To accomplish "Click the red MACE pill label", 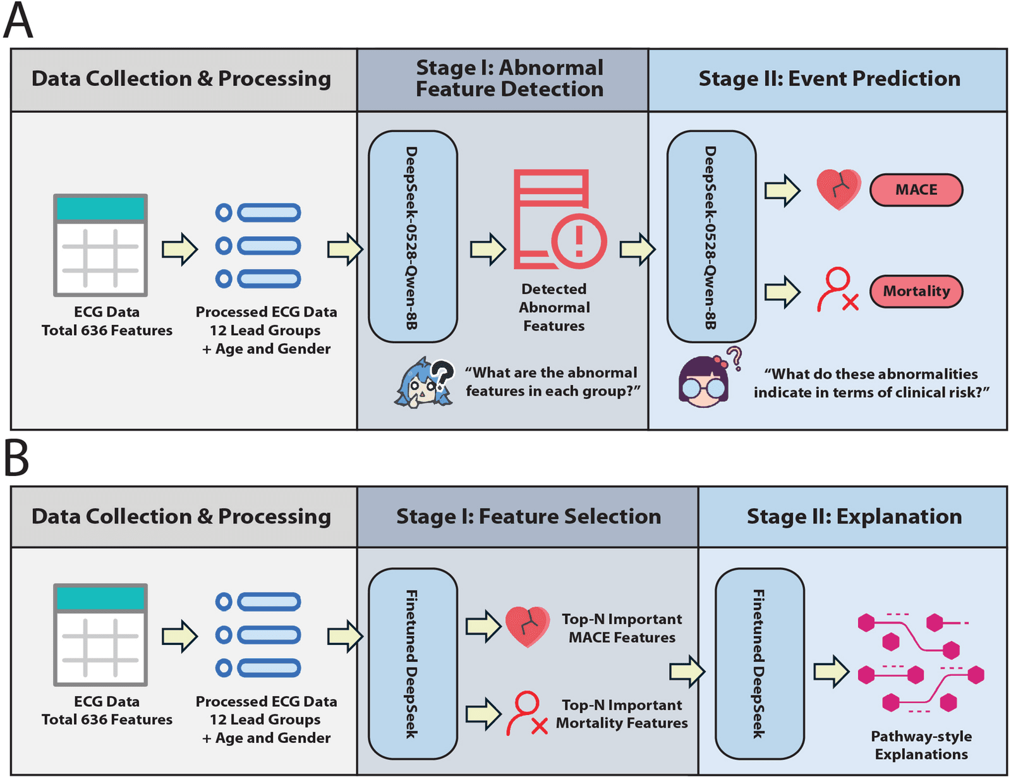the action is click(x=916, y=190).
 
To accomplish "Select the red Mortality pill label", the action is click(x=916, y=291).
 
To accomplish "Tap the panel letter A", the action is click(x=18, y=20).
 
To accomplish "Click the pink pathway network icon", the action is click(x=921, y=663).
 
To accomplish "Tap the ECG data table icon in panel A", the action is click(x=100, y=245).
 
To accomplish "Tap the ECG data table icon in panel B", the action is click(x=100, y=635).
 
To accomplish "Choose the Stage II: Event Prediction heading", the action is click(x=829, y=78).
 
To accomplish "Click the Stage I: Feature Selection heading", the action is click(x=528, y=517).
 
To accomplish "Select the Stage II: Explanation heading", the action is click(x=854, y=517).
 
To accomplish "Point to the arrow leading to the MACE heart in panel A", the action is click(x=782, y=190).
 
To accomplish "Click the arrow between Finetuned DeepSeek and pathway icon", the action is click(x=832, y=672).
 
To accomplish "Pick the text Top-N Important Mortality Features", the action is click(x=622, y=714).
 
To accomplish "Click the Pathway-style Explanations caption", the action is click(x=921, y=745).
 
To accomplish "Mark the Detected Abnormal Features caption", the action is click(x=554, y=307).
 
